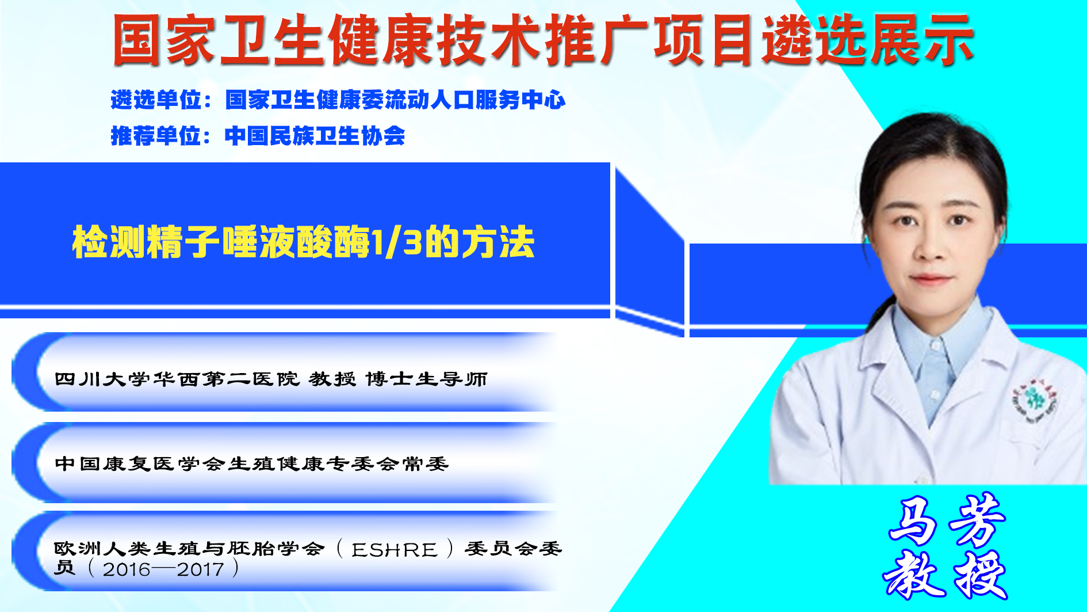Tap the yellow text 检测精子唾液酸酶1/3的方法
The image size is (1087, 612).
click(x=303, y=242)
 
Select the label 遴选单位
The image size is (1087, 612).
click(x=156, y=100)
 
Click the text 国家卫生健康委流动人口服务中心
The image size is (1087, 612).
click(x=395, y=100)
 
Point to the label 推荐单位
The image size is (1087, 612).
click(x=156, y=136)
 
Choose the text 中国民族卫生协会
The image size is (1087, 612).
click(x=315, y=136)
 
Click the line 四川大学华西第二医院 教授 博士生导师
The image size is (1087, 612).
click(x=271, y=379)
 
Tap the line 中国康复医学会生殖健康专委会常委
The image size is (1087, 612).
click(x=251, y=463)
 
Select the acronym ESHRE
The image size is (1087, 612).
click(x=395, y=550)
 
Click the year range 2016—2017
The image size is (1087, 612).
click(x=163, y=569)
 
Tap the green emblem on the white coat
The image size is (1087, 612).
click(x=1034, y=401)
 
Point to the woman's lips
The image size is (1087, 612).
click(x=929, y=280)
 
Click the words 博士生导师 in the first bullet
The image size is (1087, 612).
click(x=426, y=379)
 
